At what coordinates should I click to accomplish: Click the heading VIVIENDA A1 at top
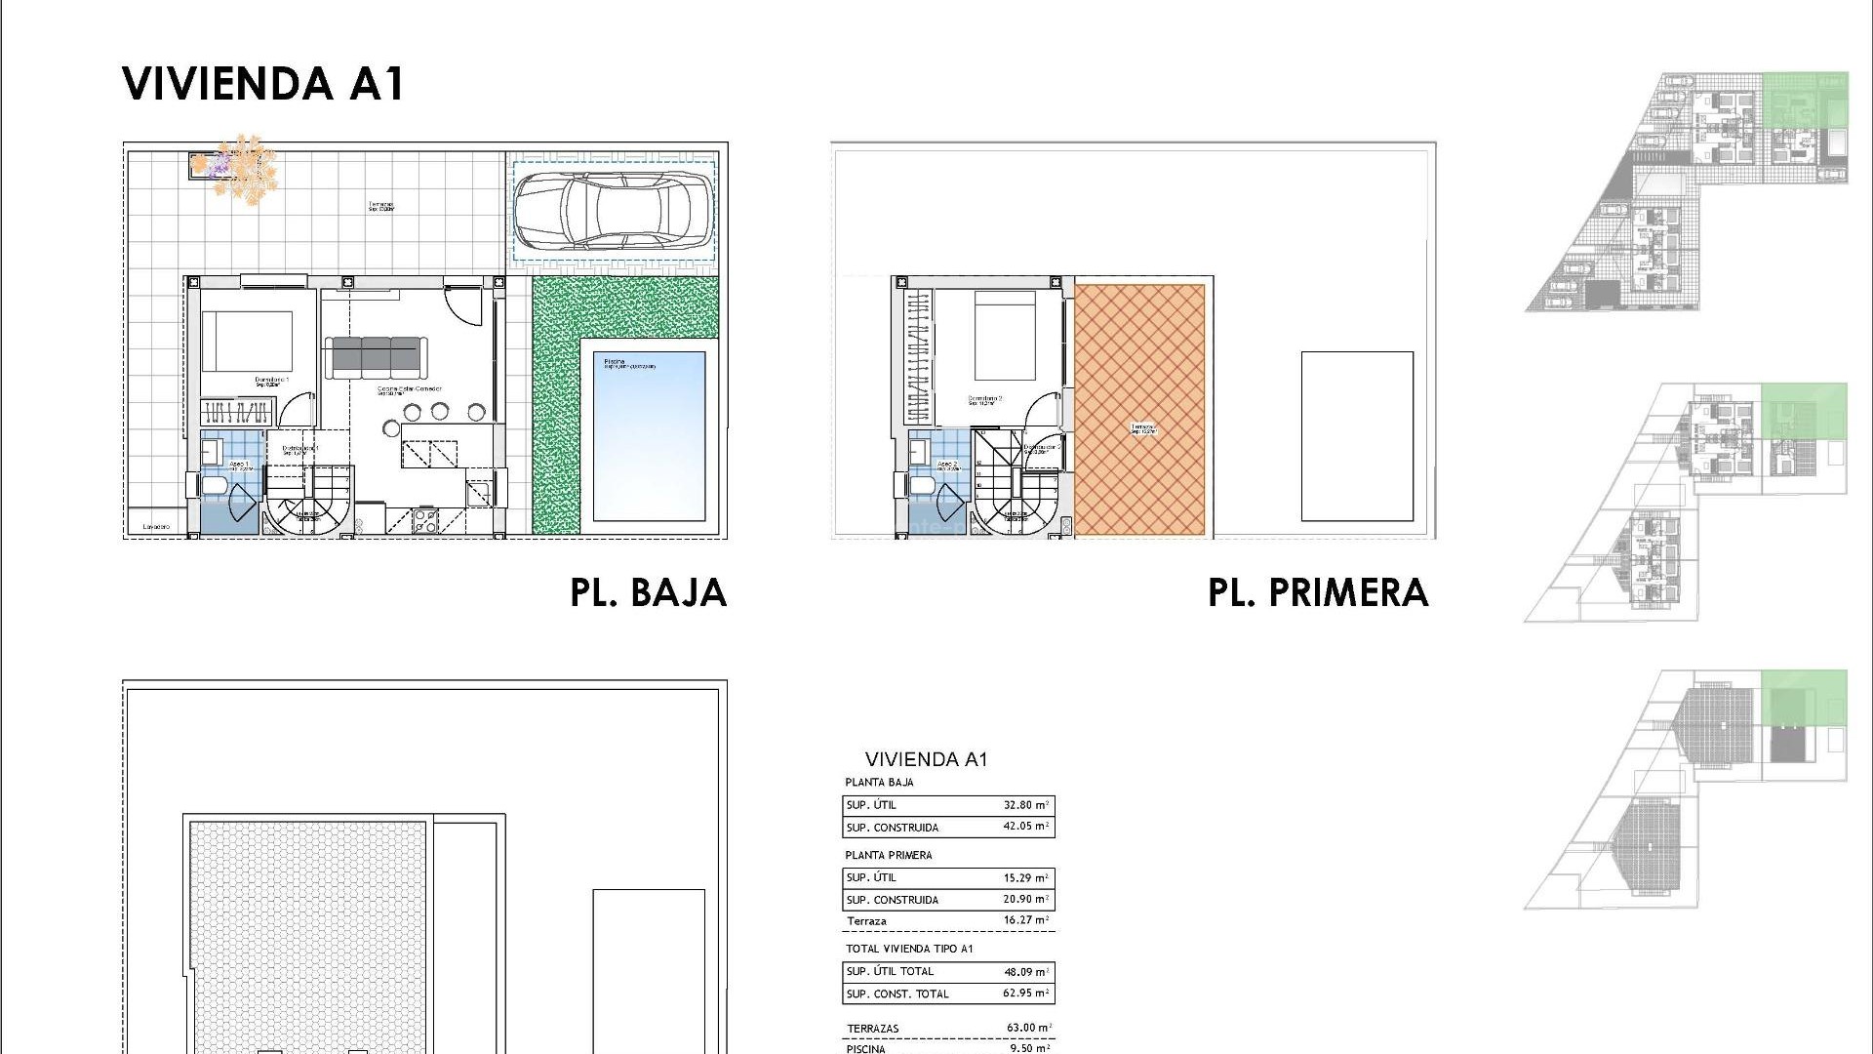(263, 84)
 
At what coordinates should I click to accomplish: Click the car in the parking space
(613, 210)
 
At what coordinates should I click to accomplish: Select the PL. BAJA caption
(649, 593)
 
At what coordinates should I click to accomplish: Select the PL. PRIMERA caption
(1318, 593)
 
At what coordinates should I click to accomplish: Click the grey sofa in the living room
(376, 355)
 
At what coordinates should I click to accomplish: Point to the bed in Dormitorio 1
(247, 341)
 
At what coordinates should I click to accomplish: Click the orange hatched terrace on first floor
(1139, 410)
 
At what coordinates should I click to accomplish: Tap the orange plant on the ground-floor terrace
(239, 169)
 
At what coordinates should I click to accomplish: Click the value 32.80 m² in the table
(1025, 805)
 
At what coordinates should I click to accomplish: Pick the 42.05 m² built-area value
(1025, 827)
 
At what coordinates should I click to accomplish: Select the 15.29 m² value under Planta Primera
(1025, 877)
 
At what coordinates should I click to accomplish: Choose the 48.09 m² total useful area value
(1025, 971)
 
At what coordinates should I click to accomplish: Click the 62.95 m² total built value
(1025, 993)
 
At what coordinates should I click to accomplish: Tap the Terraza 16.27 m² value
(1025, 920)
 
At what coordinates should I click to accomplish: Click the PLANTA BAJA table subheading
(879, 782)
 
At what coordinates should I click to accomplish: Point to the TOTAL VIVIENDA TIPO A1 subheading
(909, 949)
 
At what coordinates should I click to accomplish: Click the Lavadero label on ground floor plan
(156, 527)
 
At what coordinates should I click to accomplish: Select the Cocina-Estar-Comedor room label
(410, 389)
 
